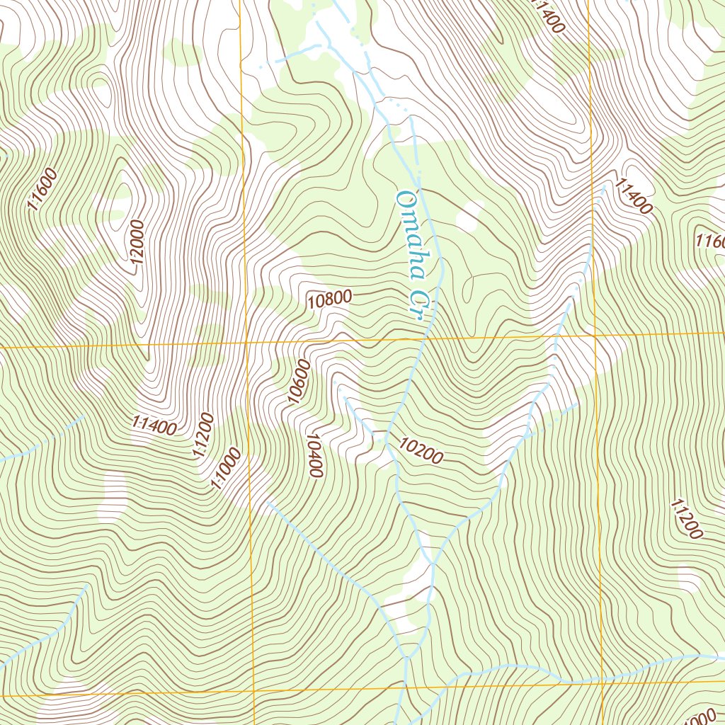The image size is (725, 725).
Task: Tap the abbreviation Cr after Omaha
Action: click(x=423, y=304)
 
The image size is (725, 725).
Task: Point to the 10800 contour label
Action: click(x=330, y=299)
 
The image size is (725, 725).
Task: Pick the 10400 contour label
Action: click(x=314, y=455)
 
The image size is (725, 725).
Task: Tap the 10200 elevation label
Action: click(x=421, y=451)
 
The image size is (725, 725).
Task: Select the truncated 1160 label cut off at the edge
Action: click(x=710, y=241)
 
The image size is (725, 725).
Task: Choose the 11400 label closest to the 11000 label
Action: click(x=154, y=426)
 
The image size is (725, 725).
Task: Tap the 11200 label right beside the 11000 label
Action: click(x=202, y=436)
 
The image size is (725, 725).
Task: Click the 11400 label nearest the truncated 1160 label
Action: click(x=633, y=196)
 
